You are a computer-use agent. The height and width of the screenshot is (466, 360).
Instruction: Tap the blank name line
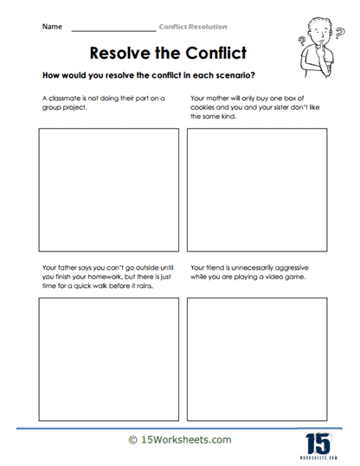point(112,29)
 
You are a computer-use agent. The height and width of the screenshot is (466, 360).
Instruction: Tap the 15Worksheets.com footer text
point(180,440)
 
